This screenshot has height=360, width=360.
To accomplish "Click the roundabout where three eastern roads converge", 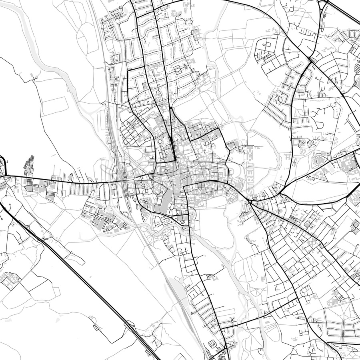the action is [250, 202].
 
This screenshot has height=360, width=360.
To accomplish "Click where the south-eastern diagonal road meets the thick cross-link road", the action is [296, 298].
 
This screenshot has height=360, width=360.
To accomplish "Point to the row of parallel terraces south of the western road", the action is [80, 188].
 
